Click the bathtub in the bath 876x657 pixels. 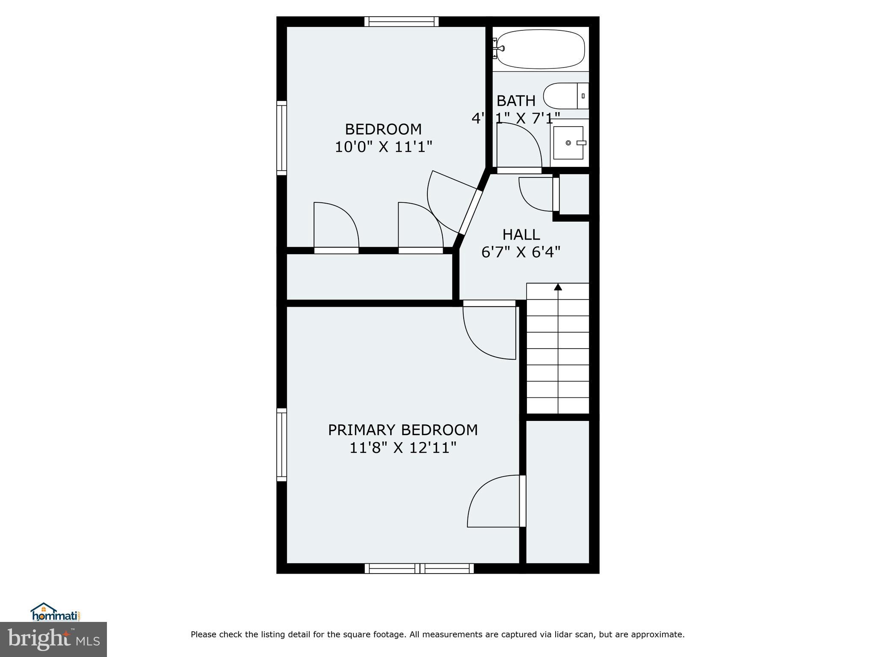(540, 49)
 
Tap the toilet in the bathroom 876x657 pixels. (565, 96)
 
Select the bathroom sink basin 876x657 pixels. (568, 143)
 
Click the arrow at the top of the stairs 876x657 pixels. (558, 287)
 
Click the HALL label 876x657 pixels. (521, 235)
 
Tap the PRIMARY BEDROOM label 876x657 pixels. (402, 430)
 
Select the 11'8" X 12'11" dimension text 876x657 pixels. (402, 448)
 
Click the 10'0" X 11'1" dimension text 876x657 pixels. (383, 147)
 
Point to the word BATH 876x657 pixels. (516, 101)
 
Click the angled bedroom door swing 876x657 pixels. (449, 203)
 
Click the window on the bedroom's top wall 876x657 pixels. (401, 21)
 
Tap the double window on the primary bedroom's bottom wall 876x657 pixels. (419, 568)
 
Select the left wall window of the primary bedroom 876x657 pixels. (281, 444)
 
